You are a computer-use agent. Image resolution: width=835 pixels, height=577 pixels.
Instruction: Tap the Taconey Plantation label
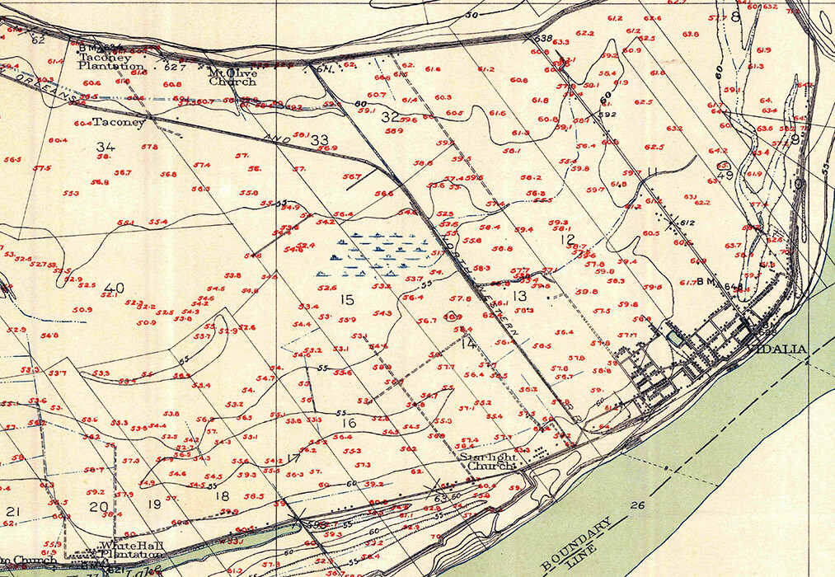(112, 61)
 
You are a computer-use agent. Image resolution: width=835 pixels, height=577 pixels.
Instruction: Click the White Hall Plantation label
(126, 550)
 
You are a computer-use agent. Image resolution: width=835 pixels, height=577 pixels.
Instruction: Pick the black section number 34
(105, 147)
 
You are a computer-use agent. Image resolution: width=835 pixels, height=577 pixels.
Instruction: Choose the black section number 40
(114, 288)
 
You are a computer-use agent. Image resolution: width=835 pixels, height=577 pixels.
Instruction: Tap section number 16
(349, 423)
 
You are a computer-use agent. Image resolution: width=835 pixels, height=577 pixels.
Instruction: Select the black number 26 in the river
(636, 505)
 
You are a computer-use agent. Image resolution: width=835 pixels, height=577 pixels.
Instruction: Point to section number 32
(390, 117)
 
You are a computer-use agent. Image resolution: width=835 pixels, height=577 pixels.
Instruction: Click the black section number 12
(567, 240)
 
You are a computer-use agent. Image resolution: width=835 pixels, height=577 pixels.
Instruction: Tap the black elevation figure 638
(542, 38)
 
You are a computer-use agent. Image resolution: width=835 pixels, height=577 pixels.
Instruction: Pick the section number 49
(725, 175)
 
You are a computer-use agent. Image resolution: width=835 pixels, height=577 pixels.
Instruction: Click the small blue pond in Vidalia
(676, 337)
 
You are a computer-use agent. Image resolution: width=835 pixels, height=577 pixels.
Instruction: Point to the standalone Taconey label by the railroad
(119, 122)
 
